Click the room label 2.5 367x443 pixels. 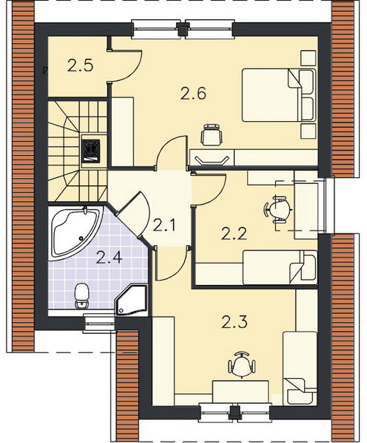(81, 66)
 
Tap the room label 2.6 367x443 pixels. (193, 94)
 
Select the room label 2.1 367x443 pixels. (164, 225)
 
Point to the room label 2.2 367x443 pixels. (235, 233)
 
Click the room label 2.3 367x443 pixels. (235, 321)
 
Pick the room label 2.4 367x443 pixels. (110, 257)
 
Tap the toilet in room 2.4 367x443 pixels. (81, 295)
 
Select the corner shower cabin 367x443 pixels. (132, 301)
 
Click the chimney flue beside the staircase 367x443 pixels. (90, 151)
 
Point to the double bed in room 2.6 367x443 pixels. (279, 95)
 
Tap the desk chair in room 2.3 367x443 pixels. (241, 365)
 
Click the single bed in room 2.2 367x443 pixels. (280, 267)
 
